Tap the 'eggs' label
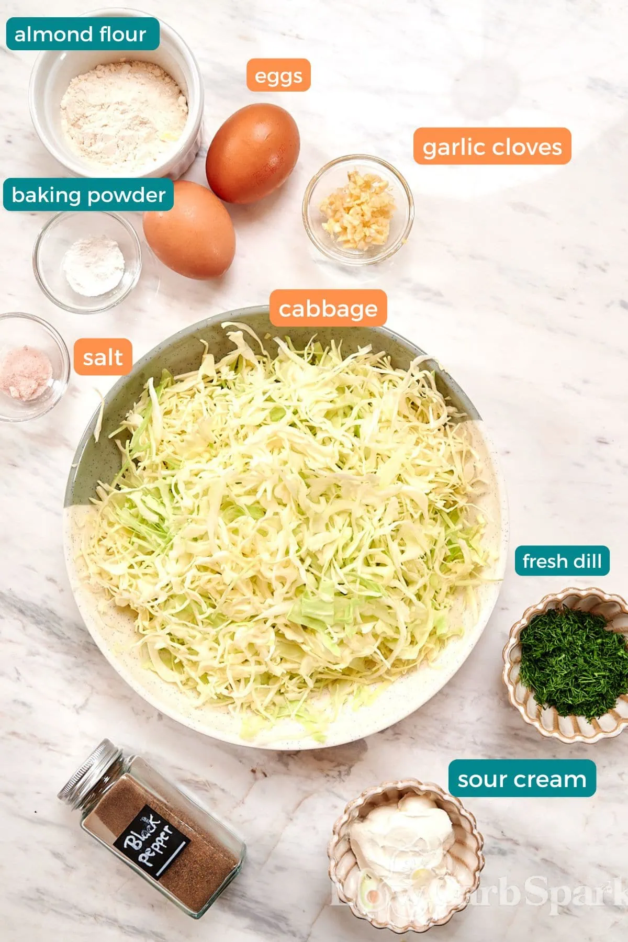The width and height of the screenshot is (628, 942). (278, 75)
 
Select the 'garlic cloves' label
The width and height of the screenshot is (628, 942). (492, 147)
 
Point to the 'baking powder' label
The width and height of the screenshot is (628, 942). (88, 195)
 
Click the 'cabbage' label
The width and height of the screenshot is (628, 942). (328, 308)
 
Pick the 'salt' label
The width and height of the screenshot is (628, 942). (103, 357)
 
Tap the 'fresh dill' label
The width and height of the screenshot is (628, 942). (562, 561)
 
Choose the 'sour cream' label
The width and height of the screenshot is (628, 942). (522, 779)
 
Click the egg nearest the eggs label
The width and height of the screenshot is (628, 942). (253, 152)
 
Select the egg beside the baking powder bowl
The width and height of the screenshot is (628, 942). (189, 230)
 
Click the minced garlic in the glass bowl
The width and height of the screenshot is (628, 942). (357, 209)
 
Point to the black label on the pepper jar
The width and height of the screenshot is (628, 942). (151, 843)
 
